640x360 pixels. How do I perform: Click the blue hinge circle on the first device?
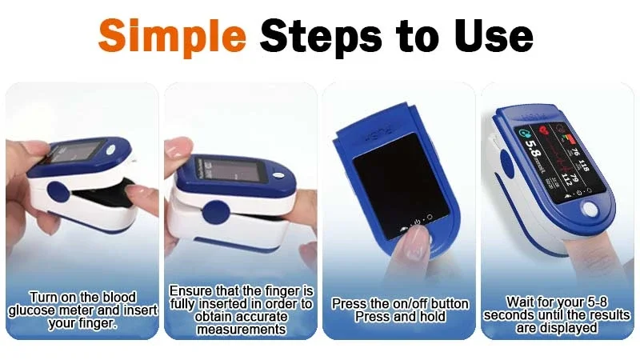[x=58, y=193]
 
